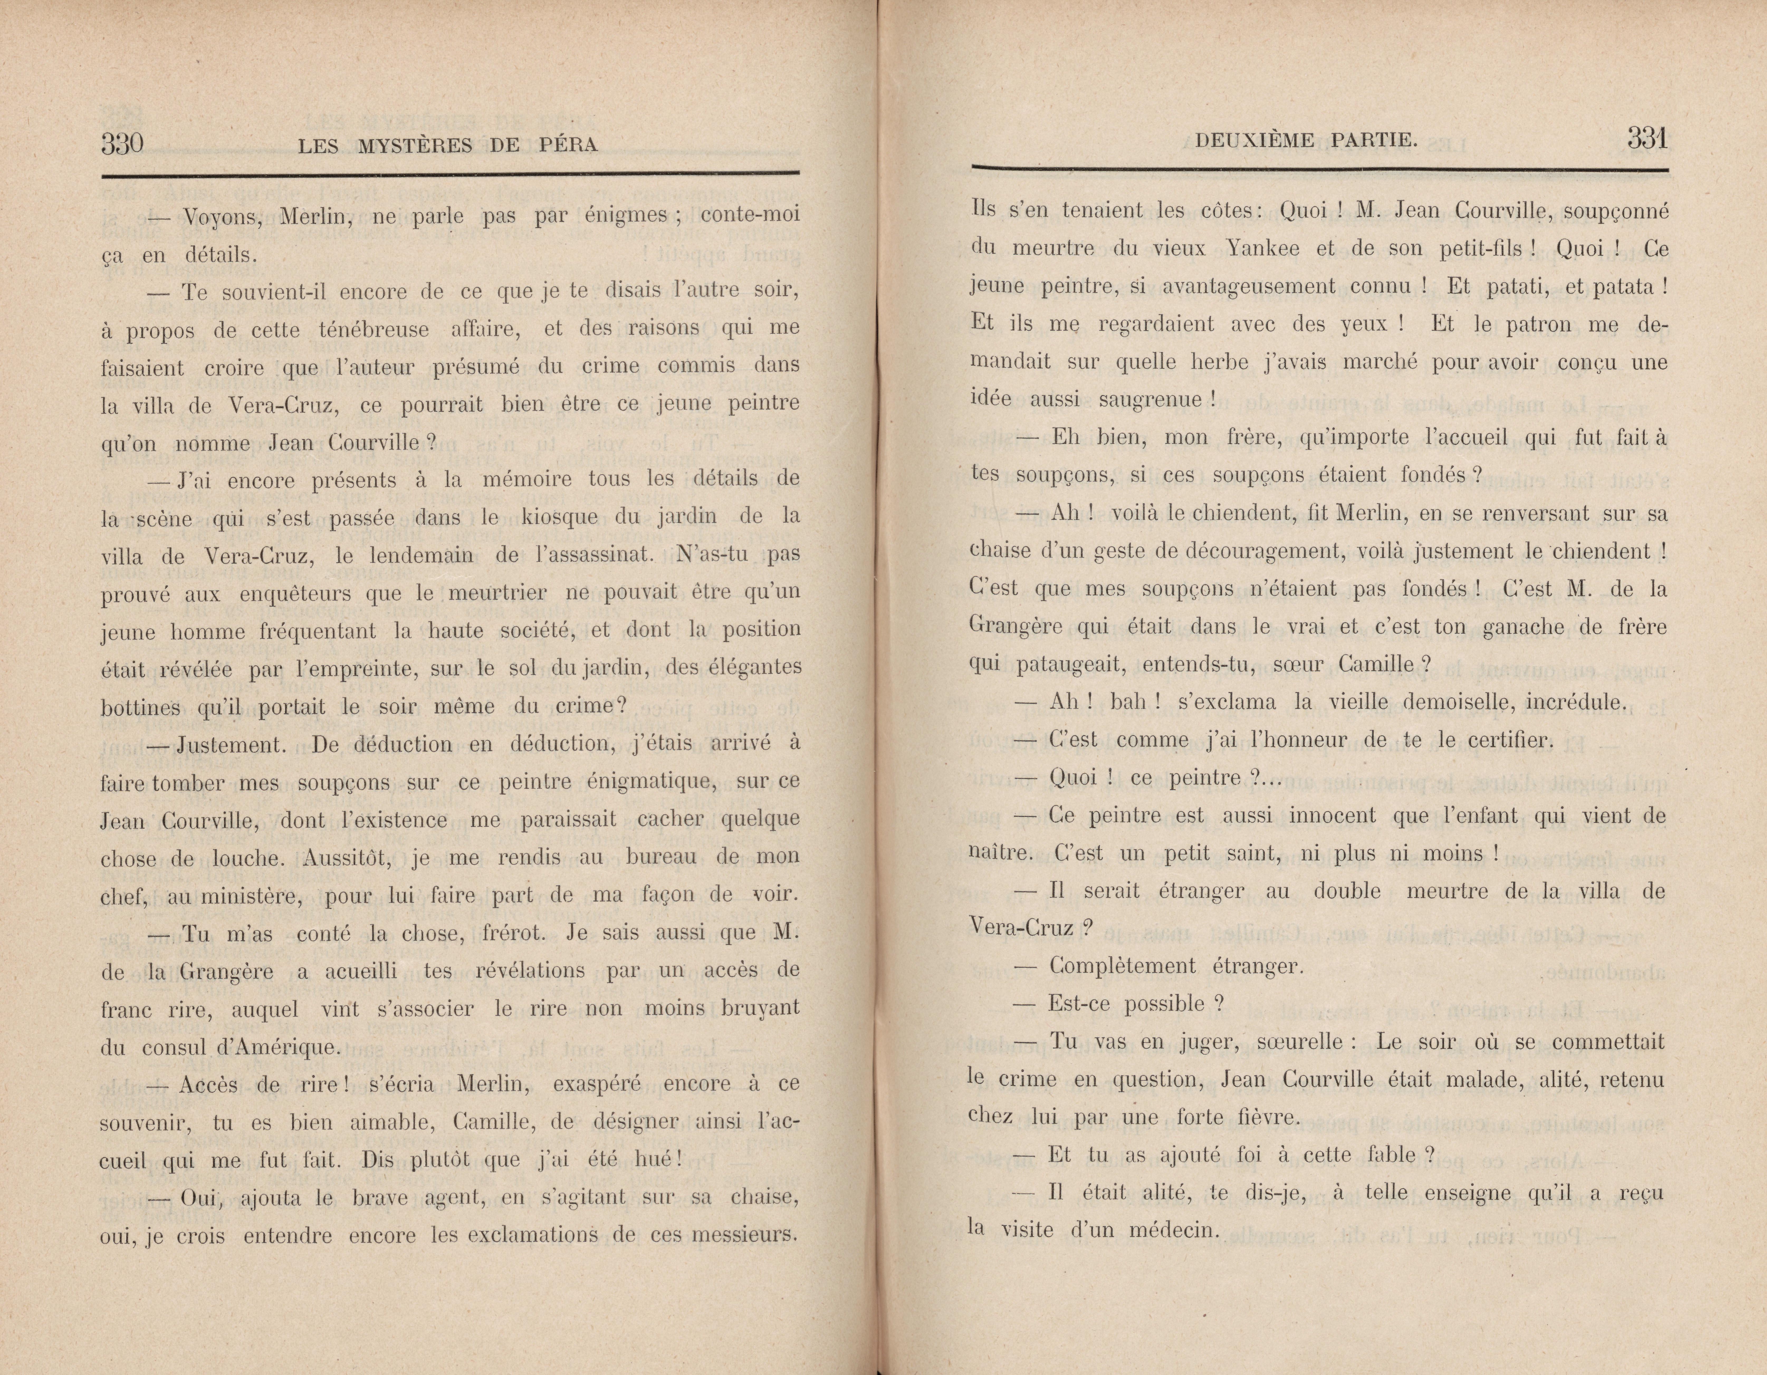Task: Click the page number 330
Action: (122, 144)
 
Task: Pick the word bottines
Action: (140, 707)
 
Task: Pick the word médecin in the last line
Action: (1165, 1231)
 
